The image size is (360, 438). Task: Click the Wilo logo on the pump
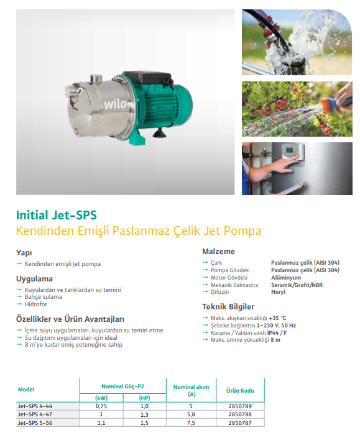coord(115,104)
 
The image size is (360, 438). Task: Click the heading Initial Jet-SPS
coord(57,215)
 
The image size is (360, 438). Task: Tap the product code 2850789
coord(240,406)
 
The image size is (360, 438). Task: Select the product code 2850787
coord(240,422)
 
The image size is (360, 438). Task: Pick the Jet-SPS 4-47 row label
coord(35,414)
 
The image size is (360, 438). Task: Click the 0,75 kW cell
coord(101,406)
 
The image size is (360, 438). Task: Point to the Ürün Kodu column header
coord(240,391)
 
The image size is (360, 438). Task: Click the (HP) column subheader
coord(144,398)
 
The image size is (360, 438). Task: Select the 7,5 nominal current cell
coord(191,423)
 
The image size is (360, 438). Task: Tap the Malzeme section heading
coord(219,252)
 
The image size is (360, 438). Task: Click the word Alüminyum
coord(286,278)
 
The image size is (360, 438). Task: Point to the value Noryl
coord(278,292)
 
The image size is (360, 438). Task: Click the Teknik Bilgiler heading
coord(228,307)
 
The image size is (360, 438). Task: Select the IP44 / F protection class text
coord(277,332)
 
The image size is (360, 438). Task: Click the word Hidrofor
coord(36,304)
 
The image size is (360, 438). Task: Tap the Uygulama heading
coord(34,279)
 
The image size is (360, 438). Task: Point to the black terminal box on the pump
coord(147,78)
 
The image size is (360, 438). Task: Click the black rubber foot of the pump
coord(160,133)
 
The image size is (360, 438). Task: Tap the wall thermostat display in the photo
coord(290,150)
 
